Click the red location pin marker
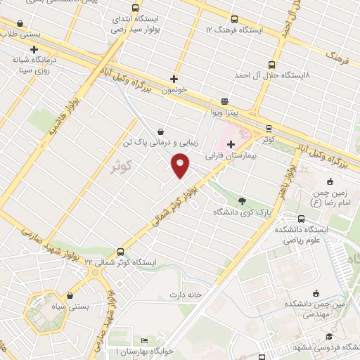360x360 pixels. [181, 166]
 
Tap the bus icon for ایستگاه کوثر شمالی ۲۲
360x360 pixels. [121, 251]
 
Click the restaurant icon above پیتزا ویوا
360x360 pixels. [224, 101]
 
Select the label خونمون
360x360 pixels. [173, 91]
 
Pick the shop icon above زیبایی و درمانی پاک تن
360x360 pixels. [161, 131]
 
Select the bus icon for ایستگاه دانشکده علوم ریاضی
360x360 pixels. [302, 219]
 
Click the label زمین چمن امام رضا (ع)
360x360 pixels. [328, 188]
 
